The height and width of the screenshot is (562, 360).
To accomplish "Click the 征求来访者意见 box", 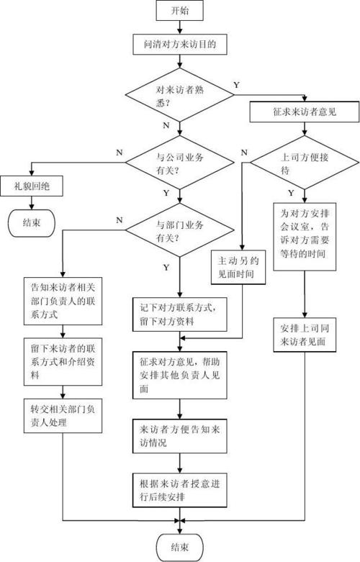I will (303, 112).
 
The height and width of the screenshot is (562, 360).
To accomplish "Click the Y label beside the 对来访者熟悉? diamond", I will (236, 85).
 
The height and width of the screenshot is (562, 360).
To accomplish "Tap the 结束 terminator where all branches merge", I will (180, 548).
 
